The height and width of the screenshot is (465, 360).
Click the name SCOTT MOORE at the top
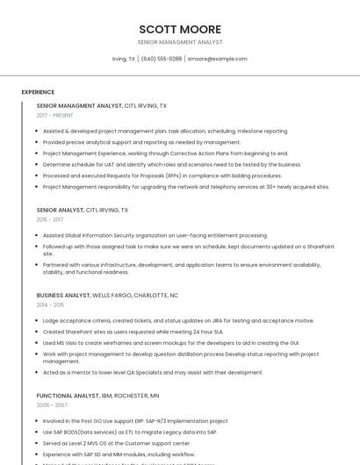point(180,29)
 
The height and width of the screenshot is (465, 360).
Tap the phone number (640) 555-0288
point(162,59)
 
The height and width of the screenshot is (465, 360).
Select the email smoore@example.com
point(218,59)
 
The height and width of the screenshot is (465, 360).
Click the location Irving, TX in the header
point(124,59)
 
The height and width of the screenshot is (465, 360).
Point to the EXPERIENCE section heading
point(38,92)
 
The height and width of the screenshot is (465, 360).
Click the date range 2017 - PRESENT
point(55,115)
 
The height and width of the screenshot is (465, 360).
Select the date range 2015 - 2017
point(50,219)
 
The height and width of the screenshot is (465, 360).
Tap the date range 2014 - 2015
point(50,304)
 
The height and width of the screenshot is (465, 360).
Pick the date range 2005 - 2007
point(52,405)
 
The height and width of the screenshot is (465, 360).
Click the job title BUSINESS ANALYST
point(63,296)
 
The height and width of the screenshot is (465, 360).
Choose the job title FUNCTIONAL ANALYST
point(67,396)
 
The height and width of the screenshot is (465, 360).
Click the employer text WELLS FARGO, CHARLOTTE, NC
point(135,296)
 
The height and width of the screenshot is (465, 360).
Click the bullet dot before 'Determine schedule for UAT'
point(38,164)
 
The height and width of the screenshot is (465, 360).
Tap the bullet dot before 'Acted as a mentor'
point(38,372)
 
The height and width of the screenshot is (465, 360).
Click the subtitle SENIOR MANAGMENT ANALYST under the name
point(180,42)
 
